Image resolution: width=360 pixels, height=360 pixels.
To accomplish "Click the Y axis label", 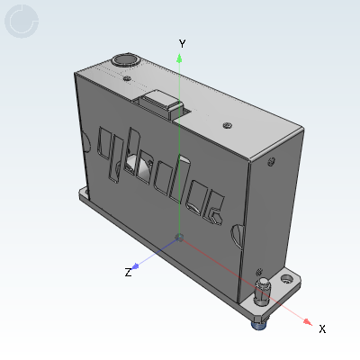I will click(x=182, y=42).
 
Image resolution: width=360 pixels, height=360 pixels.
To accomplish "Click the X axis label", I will click(x=322, y=328).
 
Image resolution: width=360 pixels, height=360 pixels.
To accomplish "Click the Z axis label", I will click(x=128, y=271).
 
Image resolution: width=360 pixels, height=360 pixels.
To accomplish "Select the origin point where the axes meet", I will click(x=180, y=238).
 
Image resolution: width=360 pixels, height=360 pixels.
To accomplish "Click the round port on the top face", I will click(x=123, y=60).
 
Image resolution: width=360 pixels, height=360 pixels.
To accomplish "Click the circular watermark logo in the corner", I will click(x=22, y=22).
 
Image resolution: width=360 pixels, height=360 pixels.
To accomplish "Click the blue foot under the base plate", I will click(x=258, y=320).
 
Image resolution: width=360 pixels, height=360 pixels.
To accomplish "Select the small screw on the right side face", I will click(x=270, y=163).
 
